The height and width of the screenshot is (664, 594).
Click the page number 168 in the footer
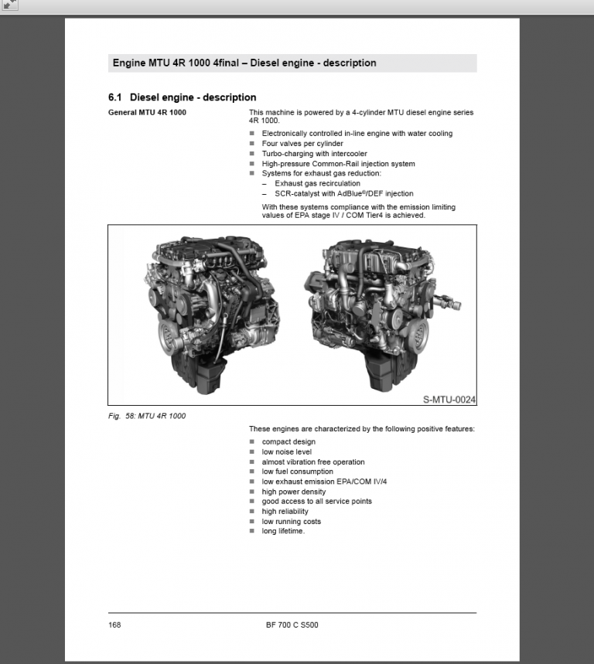[x=114, y=625]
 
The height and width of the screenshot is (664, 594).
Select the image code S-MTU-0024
[x=449, y=400]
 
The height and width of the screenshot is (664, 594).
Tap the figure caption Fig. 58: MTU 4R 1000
[x=147, y=416]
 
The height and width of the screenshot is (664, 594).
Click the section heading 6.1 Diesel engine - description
[x=182, y=97]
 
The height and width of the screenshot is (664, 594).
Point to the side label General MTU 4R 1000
[x=147, y=113]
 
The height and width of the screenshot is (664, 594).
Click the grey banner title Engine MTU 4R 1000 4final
[x=244, y=63]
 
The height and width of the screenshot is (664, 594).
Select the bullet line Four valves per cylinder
[x=302, y=144]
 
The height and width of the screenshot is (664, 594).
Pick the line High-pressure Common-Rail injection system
[x=338, y=164]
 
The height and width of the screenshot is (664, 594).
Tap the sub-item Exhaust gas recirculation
[x=317, y=184]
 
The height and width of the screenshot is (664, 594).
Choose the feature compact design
[x=288, y=442]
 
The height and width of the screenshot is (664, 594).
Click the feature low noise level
[x=287, y=452]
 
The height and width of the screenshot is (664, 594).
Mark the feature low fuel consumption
[x=297, y=472]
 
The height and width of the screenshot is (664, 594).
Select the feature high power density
[x=293, y=492]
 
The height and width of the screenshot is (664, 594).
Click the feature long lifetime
[x=283, y=531]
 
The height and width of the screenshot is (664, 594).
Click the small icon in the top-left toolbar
[x=10, y=6]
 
